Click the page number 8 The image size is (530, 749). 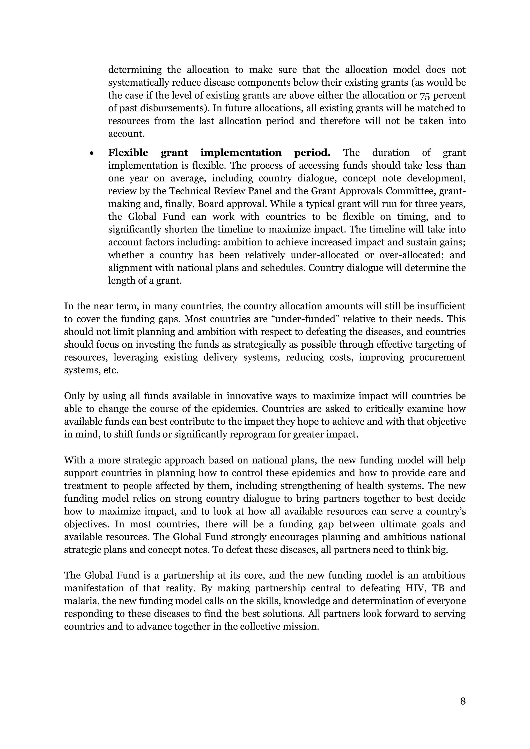click(x=462, y=701)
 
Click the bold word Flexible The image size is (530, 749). click(x=128, y=153)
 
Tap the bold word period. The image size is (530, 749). click(x=312, y=153)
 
